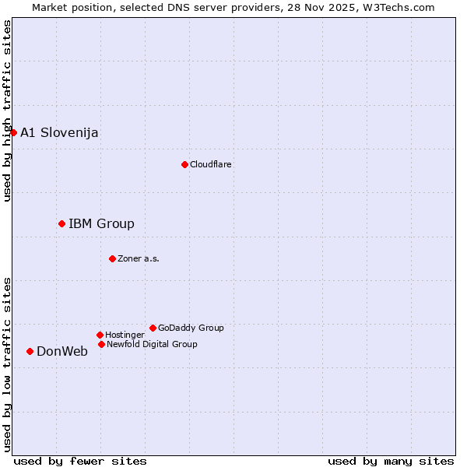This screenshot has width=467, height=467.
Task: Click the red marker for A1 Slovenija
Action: [13, 132]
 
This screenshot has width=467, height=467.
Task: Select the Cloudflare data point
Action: [184, 164]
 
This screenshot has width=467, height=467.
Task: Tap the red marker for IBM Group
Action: [61, 223]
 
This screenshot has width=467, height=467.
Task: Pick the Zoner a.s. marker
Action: [112, 258]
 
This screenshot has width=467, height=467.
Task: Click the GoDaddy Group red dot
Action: [153, 328]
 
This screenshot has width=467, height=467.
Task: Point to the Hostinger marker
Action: [100, 335]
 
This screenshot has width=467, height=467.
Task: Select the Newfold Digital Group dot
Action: [101, 344]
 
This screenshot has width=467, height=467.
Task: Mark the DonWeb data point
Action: [30, 351]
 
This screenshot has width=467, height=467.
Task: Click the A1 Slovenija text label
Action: [59, 132]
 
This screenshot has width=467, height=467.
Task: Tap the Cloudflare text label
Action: [210, 164]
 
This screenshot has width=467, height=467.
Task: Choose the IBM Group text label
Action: [101, 224]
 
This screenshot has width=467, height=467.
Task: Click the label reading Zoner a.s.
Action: [139, 258]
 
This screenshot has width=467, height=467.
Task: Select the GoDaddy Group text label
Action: [191, 328]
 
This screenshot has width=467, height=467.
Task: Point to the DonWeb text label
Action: [62, 351]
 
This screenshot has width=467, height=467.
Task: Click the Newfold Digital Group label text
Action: [152, 344]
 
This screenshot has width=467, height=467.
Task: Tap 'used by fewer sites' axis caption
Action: [80, 461]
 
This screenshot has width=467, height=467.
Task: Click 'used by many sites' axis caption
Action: [391, 461]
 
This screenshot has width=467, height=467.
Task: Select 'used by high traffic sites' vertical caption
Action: [7, 111]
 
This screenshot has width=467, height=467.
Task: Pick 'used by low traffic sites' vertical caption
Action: [7, 364]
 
